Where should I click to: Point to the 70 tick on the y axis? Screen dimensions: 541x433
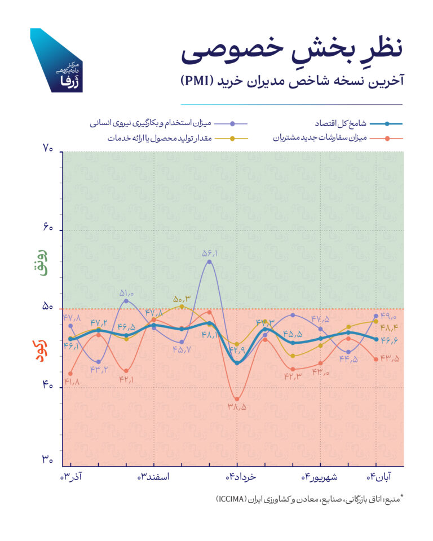47,149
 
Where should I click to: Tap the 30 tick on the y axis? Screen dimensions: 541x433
47,460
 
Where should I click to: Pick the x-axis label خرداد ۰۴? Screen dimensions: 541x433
241,477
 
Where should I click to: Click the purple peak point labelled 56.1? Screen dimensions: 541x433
209,262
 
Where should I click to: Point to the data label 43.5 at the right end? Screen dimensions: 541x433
390,360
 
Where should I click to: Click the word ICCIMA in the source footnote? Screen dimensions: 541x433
233,499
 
